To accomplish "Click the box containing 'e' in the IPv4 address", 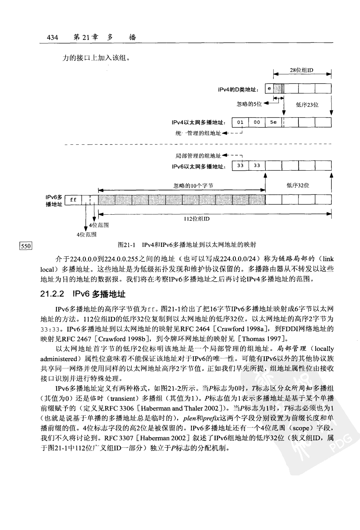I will [x=269, y=89].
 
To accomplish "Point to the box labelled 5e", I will [x=273, y=122].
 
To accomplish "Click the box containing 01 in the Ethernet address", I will [x=240, y=122].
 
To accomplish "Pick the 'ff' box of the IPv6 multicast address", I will [x=73, y=200].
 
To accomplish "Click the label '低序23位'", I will [x=307, y=105].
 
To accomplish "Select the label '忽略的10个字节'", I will [x=193, y=186].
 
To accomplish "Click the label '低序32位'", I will [x=298, y=185].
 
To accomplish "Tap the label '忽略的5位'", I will [x=249, y=104].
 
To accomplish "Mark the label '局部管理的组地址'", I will [x=198, y=156].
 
